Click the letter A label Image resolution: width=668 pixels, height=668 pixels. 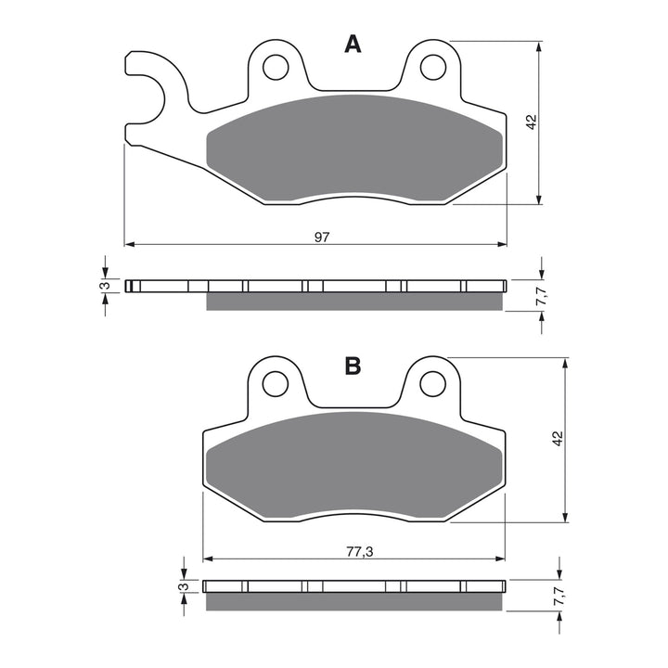353,45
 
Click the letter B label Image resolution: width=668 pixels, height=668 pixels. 353,366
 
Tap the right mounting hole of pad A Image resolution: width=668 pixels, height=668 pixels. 431,67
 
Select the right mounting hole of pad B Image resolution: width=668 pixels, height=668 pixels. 431,382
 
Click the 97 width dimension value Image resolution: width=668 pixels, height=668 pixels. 322,238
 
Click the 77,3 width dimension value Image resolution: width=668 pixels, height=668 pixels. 355,552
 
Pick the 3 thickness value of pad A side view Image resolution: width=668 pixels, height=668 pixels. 106,285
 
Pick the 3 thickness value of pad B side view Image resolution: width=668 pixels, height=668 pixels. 185,586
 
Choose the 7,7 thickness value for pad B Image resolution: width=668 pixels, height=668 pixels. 558,598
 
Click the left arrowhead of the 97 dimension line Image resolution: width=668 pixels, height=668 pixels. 129,245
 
